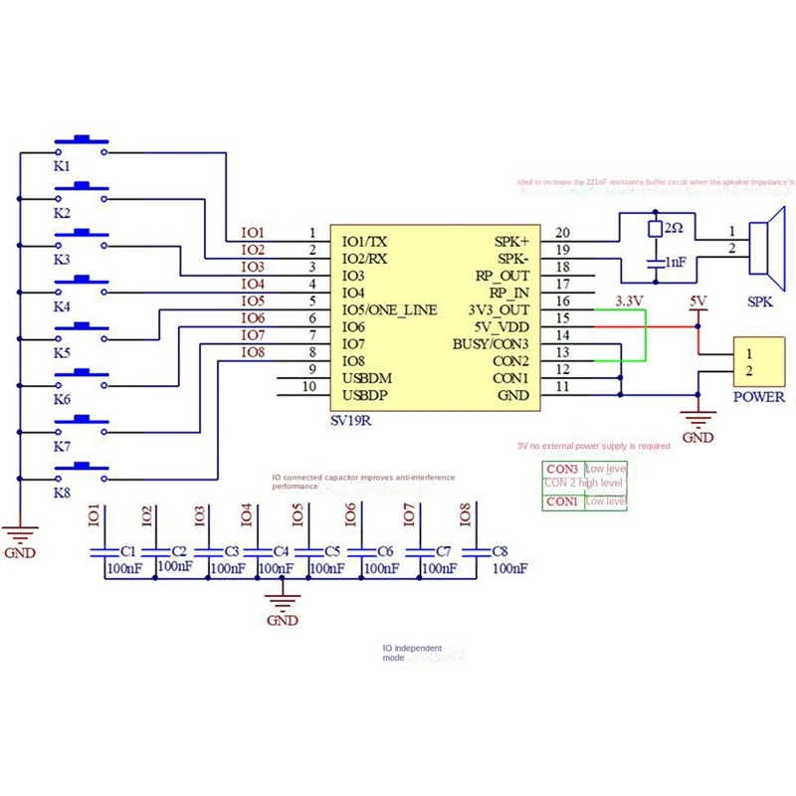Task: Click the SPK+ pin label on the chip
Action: [512, 241]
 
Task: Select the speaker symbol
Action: [761, 249]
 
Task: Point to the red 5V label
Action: [697, 300]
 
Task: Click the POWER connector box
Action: [759, 362]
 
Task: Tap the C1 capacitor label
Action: [127, 550]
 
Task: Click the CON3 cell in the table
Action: [562, 469]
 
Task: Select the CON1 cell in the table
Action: [562, 501]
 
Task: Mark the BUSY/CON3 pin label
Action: [491, 344]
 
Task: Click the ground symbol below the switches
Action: [21, 534]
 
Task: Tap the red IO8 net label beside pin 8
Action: [254, 351]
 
